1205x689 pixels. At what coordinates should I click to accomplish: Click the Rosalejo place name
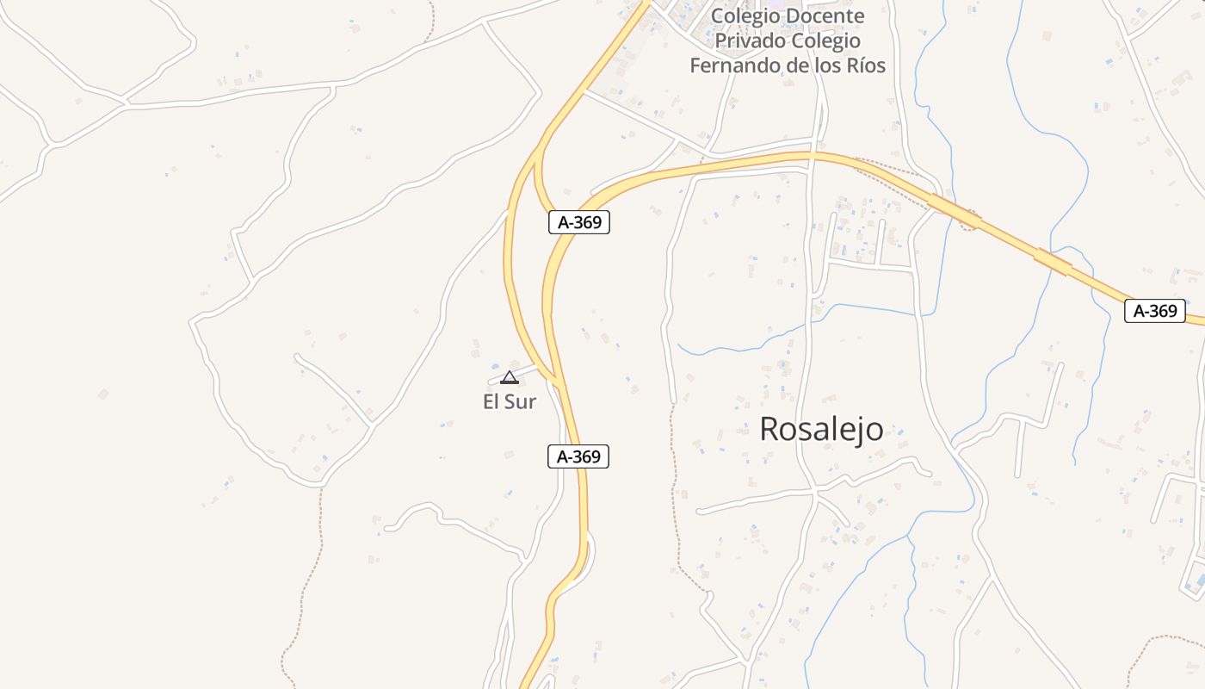(821, 429)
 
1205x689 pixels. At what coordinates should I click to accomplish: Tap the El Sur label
(510, 401)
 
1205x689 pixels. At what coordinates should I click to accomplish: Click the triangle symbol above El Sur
(510, 377)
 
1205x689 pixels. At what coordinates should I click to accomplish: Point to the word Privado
(751, 40)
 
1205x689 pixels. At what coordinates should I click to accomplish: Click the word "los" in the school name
(827, 65)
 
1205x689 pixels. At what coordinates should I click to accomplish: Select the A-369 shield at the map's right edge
(1154, 311)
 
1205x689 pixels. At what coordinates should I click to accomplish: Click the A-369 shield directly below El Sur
(578, 456)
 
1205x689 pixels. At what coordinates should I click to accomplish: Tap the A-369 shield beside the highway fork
(579, 222)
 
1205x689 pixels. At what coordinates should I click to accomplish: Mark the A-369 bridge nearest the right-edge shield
(1054, 262)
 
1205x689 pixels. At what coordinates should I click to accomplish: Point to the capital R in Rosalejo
(769, 429)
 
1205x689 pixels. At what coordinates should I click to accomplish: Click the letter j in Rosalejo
(857, 431)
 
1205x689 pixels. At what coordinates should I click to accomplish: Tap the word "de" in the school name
(801, 65)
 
